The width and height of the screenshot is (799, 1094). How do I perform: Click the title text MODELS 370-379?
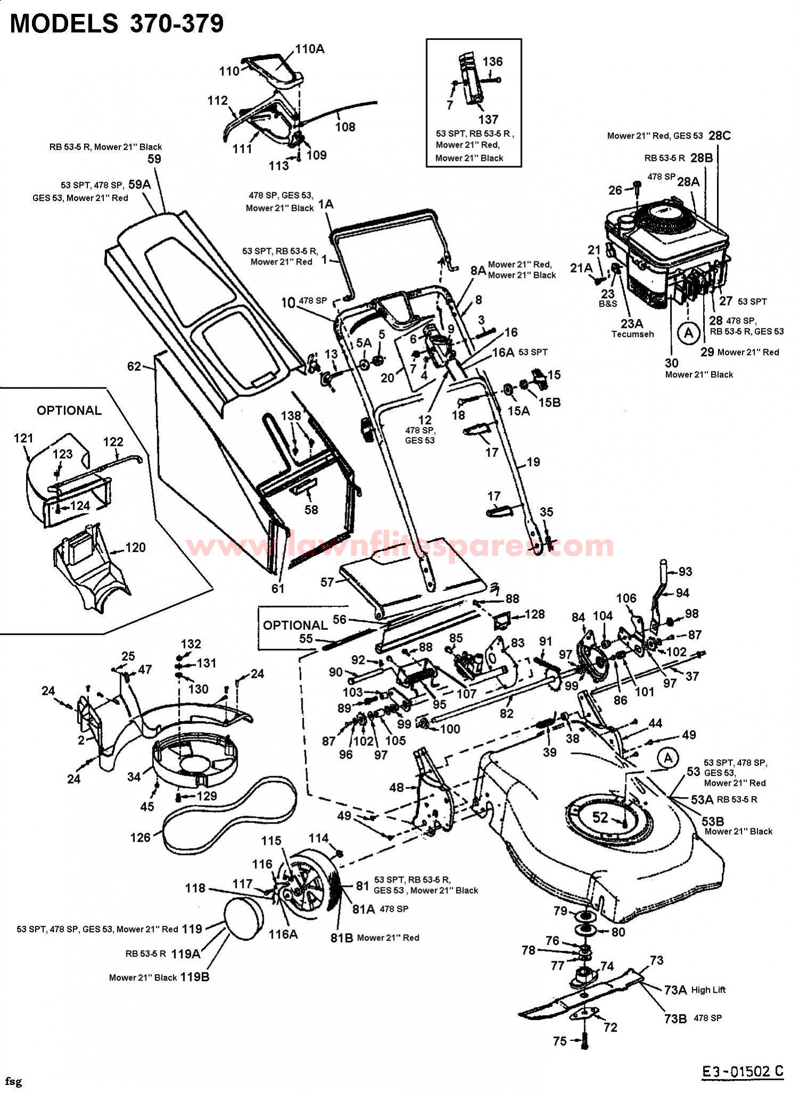[x=117, y=24]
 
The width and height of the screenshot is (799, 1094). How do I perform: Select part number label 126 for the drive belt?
[x=140, y=837]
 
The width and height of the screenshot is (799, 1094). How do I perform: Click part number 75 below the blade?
[x=559, y=1041]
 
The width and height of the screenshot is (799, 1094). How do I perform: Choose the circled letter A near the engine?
[x=689, y=333]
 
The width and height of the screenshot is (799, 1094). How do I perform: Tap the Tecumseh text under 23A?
[x=632, y=334]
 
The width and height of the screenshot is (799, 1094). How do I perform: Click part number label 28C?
[x=719, y=135]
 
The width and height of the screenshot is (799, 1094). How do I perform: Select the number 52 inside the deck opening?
[x=600, y=817]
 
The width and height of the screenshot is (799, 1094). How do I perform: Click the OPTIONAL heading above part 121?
[x=69, y=410]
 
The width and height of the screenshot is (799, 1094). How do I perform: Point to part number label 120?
[x=135, y=547]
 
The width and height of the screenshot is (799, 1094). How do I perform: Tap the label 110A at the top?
[x=309, y=49]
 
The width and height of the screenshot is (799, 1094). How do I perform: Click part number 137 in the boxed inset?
[x=488, y=119]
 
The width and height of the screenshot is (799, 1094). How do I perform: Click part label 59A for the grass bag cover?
[x=140, y=184]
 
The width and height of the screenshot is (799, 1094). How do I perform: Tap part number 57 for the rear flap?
[x=327, y=582]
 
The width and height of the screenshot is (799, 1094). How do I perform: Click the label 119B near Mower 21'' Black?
[x=195, y=977]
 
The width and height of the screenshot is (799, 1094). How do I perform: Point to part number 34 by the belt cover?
[x=134, y=777]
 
